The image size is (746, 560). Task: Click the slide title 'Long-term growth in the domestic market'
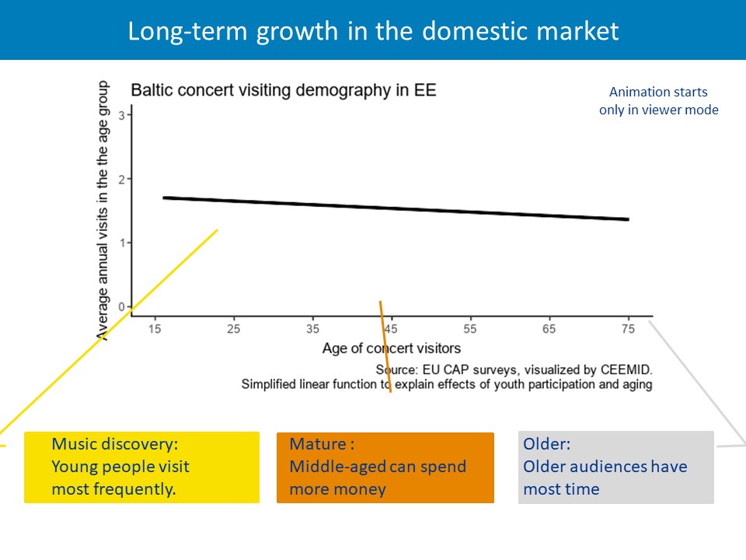pyautogui.click(x=373, y=31)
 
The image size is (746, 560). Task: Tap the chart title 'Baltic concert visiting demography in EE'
pyautogui.click(x=284, y=90)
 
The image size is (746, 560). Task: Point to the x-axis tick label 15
pyautogui.click(x=155, y=329)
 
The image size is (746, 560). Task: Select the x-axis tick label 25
pyautogui.click(x=233, y=329)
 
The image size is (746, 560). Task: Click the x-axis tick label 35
pyautogui.click(x=312, y=329)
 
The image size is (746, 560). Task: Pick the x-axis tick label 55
pyautogui.click(x=470, y=329)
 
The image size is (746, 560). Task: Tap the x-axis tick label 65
pyautogui.click(x=549, y=329)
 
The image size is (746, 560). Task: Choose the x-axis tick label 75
pyautogui.click(x=628, y=329)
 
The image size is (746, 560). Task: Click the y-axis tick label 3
pyautogui.click(x=121, y=115)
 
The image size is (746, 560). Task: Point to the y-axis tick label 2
pyautogui.click(x=121, y=179)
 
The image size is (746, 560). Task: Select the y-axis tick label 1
pyautogui.click(x=121, y=243)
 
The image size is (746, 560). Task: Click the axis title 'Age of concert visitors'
pyautogui.click(x=392, y=348)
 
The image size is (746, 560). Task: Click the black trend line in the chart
pyautogui.click(x=396, y=208)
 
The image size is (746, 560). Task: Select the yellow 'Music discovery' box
pyautogui.click(x=141, y=467)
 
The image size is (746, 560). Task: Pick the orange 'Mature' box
pyautogui.click(x=385, y=467)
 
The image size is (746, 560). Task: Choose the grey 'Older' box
pyautogui.click(x=615, y=467)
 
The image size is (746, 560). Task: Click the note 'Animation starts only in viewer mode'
pyautogui.click(x=658, y=101)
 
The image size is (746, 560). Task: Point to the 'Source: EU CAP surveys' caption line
pyautogui.click(x=513, y=369)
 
